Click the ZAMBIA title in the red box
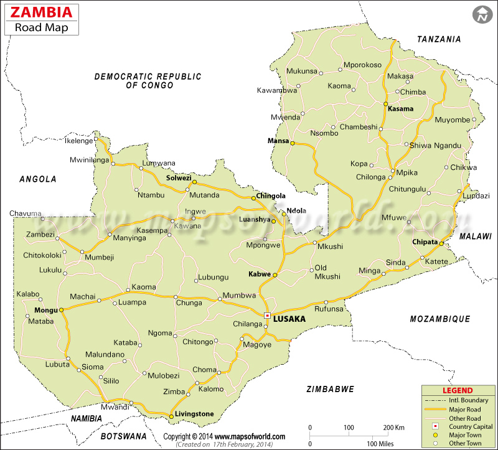click(42, 12)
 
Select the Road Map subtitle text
click(42, 27)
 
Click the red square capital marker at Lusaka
click(267, 316)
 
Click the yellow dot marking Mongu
click(61, 309)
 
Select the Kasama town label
click(400, 109)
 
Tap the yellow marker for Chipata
click(441, 243)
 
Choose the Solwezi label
click(179, 178)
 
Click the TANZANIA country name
click(439, 39)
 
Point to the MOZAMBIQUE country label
click(439, 319)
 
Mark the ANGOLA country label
click(38, 179)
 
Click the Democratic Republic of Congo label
click(148, 80)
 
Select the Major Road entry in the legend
click(464, 409)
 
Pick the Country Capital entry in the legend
click(470, 426)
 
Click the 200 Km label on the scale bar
click(394, 428)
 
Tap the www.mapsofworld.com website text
click(250, 437)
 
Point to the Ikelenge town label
click(79, 141)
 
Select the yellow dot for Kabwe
click(275, 274)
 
